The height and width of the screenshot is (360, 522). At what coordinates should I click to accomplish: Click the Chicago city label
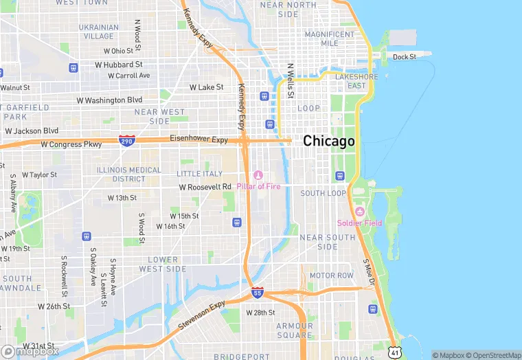click(x=329, y=141)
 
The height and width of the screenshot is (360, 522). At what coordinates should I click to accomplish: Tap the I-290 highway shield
click(x=126, y=140)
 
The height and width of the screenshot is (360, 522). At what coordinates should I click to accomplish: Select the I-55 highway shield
click(x=257, y=292)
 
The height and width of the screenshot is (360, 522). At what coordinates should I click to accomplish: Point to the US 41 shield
click(x=394, y=352)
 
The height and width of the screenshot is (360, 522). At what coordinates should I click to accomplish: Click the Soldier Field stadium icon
click(x=359, y=211)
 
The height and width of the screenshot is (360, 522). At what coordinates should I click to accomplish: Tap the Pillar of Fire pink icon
click(x=258, y=175)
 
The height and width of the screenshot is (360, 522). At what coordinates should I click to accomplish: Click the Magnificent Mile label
click(x=330, y=38)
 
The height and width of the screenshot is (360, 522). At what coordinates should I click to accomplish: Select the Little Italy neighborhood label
click(x=199, y=174)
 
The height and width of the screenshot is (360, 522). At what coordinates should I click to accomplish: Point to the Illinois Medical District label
click(x=121, y=175)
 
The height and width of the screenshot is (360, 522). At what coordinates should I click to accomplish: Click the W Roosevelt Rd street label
click(x=205, y=187)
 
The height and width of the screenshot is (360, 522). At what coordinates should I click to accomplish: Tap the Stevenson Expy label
click(x=202, y=315)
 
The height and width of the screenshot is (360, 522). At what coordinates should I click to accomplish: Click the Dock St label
click(x=404, y=57)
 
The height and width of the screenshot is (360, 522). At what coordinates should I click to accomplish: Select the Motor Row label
click(x=331, y=275)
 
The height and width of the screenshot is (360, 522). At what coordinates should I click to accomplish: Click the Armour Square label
click(x=295, y=330)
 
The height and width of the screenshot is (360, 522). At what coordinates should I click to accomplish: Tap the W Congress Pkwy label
click(x=71, y=144)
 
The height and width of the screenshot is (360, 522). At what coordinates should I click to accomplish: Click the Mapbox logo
click(x=30, y=351)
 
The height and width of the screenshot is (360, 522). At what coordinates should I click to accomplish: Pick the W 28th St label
click(x=260, y=313)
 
